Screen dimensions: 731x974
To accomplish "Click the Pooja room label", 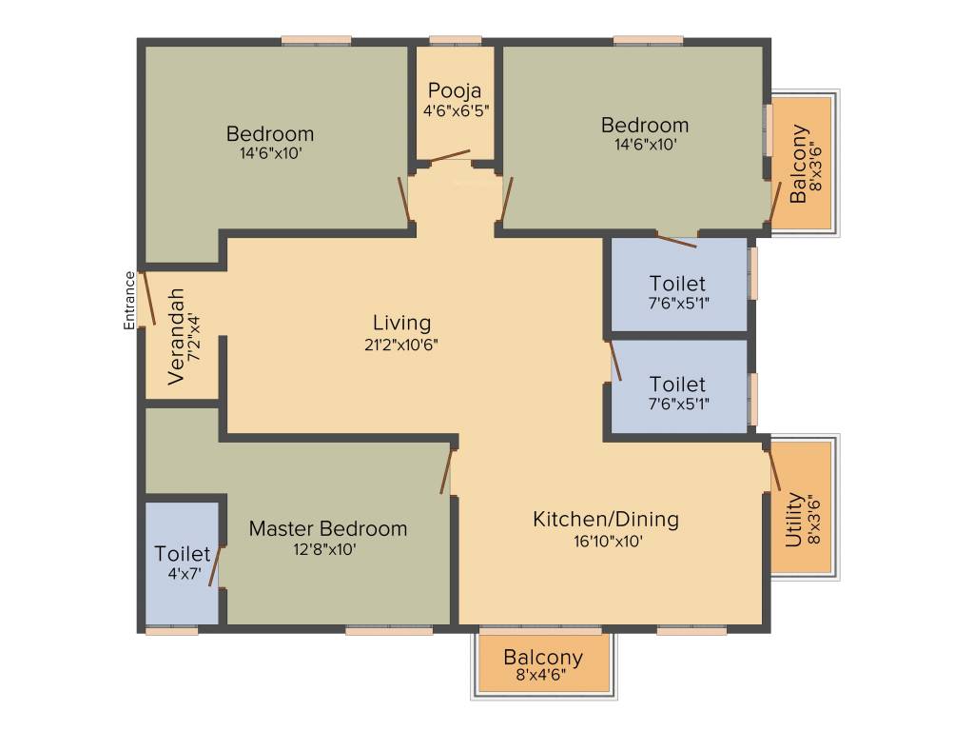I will click(x=454, y=91).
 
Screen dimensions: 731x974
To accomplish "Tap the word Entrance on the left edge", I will click(x=130, y=301).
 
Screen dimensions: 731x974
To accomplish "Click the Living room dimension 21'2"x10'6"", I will click(x=400, y=345).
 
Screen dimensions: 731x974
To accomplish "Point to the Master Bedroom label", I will click(x=327, y=528).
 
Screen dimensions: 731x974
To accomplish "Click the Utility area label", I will click(x=793, y=519).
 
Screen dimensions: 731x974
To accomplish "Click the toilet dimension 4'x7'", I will click(x=182, y=574).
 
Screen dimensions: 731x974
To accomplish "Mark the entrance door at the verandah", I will click(x=147, y=300).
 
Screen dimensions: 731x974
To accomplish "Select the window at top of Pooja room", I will click(x=455, y=41).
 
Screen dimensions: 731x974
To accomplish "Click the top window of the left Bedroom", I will click(x=317, y=41).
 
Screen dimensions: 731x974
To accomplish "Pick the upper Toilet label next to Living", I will click(x=677, y=284).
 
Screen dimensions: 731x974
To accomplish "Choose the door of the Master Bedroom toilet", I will click(x=216, y=566).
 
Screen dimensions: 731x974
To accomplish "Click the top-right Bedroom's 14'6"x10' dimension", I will click(x=644, y=145).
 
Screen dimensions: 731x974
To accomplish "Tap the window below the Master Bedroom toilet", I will click(x=172, y=629).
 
